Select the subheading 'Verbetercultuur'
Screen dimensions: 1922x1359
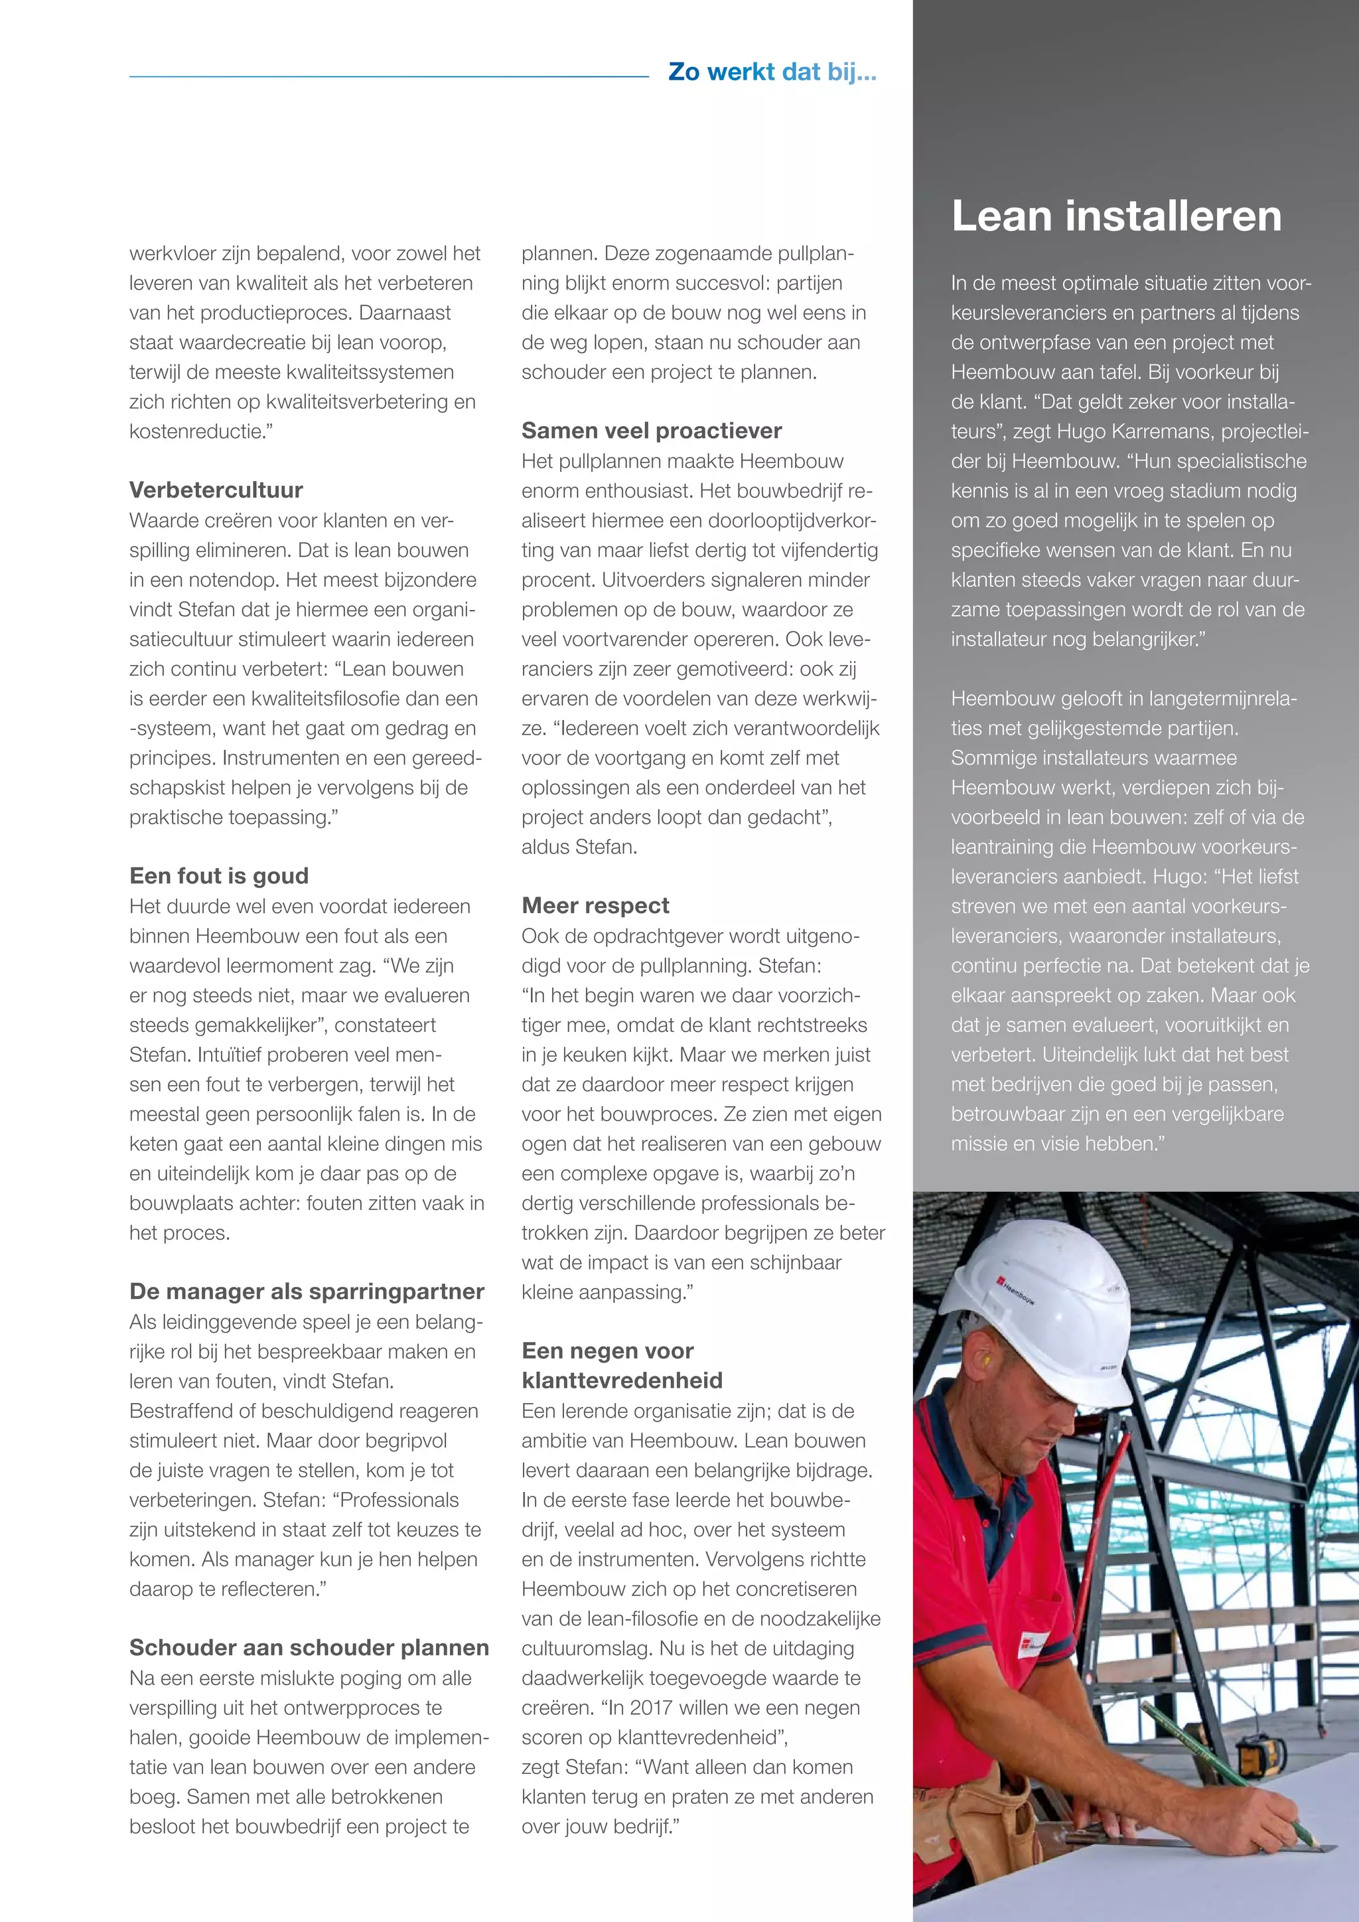click(x=216, y=490)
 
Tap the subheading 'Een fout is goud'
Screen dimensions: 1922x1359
click(x=218, y=875)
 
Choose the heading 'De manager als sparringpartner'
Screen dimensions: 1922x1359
click(x=307, y=1291)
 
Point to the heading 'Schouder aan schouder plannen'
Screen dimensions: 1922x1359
click(x=309, y=1647)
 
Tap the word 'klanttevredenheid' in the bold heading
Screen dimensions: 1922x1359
click(x=622, y=1380)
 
